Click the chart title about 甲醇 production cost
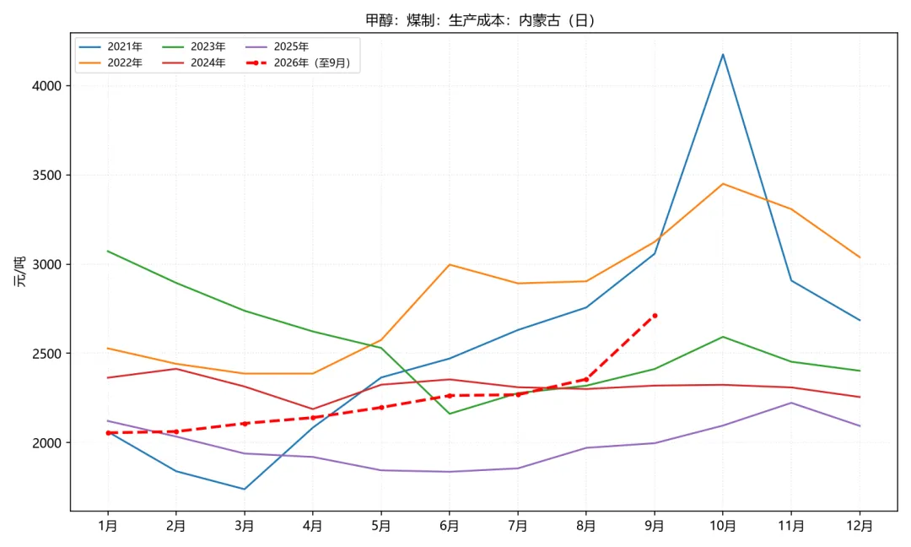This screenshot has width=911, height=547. [481, 20]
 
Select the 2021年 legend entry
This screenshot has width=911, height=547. [111, 46]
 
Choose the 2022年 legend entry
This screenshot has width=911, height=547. [111, 62]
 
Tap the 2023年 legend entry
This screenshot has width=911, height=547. [193, 46]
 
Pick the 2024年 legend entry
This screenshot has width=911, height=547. [193, 62]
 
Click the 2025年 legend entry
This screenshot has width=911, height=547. [278, 46]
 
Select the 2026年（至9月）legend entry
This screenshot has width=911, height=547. [299, 62]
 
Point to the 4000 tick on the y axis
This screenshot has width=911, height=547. [47, 86]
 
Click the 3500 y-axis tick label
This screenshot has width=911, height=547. [47, 175]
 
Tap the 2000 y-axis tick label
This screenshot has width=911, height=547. [47, 443]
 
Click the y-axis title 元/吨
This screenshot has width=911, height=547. [20, 272]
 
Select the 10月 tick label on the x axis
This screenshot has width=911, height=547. [723, 526]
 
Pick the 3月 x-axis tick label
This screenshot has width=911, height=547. [244, 526]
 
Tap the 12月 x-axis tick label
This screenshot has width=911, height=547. [860, 526]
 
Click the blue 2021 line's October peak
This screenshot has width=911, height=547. [723, 54]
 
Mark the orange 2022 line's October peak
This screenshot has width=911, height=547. [723, 184]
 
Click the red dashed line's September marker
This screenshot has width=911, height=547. [655, 316]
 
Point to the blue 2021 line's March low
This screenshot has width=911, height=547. [244, 489]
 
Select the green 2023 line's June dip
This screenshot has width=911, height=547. [449, 414]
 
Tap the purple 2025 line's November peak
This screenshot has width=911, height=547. [791, 403]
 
